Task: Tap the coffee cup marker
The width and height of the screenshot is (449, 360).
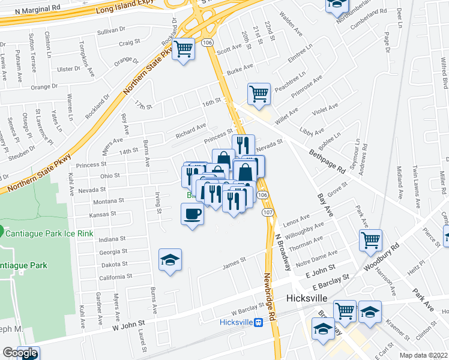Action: click(x=192, y=214)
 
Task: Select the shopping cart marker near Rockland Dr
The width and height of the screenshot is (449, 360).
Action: click(x=184, y=49)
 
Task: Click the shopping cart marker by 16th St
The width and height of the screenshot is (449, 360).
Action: click(x=259, y=94)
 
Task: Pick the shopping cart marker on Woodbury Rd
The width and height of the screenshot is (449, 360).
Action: click(x=370, y=241)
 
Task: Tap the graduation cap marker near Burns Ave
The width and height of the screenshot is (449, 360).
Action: click(x=170, y=260)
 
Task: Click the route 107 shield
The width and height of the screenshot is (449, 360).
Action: click(x=268, y=213)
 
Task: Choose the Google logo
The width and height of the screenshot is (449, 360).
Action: click(x=20, y=353)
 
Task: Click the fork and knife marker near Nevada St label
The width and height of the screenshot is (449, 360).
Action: click(x=241, y=144)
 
